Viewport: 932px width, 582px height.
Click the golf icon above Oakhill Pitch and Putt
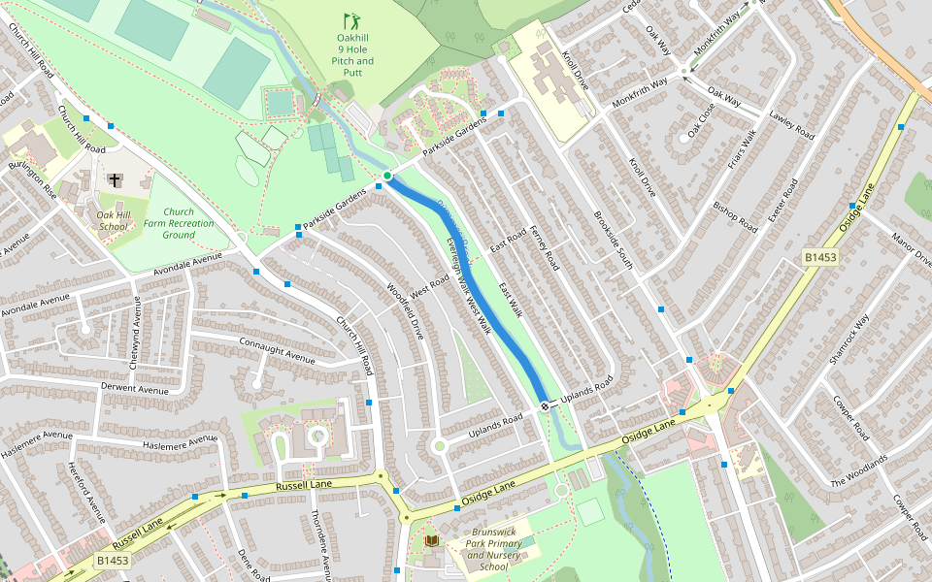point(350,20)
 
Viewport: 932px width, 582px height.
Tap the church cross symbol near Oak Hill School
point(116,180)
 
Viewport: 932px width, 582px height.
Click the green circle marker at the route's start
point(386,176)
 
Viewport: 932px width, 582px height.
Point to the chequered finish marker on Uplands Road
point(546,404)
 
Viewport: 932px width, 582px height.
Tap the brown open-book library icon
point(432,539)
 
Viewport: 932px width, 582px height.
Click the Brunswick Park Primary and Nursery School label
point(496,549)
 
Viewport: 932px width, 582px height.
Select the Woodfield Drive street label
point(406,309)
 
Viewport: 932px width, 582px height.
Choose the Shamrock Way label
point(849,339)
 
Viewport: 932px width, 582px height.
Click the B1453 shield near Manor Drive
point(820,257)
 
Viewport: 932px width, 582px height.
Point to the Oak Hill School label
point(113,220)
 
